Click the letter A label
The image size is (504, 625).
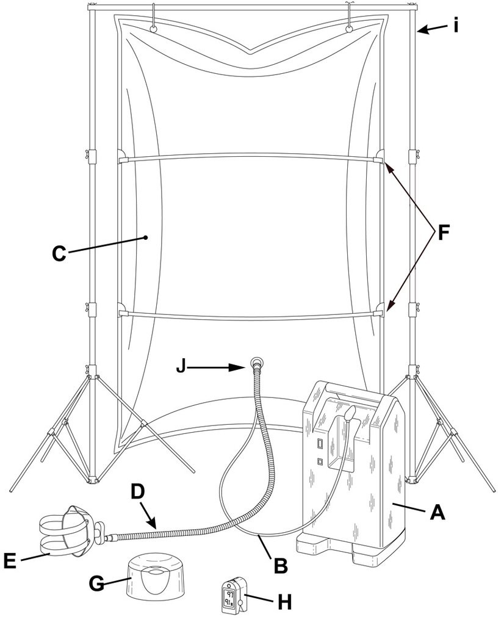click(437, 512)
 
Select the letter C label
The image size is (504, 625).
click(59, 253)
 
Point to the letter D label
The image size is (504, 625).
click(137, 493)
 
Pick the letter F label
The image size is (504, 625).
click(443, 233)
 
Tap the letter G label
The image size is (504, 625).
click(97, 584)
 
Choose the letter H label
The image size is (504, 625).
click(284, 602)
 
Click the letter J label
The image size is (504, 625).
click(181, 367)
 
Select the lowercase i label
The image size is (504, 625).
click(456, 26)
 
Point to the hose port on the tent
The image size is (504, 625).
click(257, 363)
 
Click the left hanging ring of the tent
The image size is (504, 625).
click(153, 28)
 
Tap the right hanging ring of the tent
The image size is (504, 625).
click(349, 28)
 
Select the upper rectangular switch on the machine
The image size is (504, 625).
click(320, 443)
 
